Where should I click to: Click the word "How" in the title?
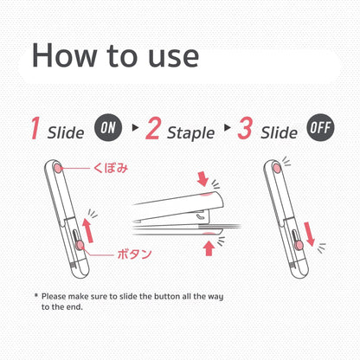pos(64,55)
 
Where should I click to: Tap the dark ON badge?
pos(108,127)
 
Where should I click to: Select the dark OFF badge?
pos(320,127)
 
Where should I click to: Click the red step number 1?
pos(35,128)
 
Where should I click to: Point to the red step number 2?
pos(153,128)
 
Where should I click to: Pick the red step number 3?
pos(245,128)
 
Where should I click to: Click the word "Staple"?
pos(191,133)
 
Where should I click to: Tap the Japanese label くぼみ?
pos(111,168)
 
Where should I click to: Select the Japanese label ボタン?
pos(134,254)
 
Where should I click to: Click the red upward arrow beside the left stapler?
pos(87,230)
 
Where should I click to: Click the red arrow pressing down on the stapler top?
pos(202,178)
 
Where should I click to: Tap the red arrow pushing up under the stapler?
pos(209,248)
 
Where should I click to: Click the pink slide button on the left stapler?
pos(79,246)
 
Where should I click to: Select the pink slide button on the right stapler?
pos(299,246)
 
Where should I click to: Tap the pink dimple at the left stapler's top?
pos(58,168)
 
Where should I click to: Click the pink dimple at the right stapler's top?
pos(277,168)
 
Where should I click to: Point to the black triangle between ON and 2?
pos(135,127)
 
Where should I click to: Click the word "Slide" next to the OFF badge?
pos(279,132)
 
